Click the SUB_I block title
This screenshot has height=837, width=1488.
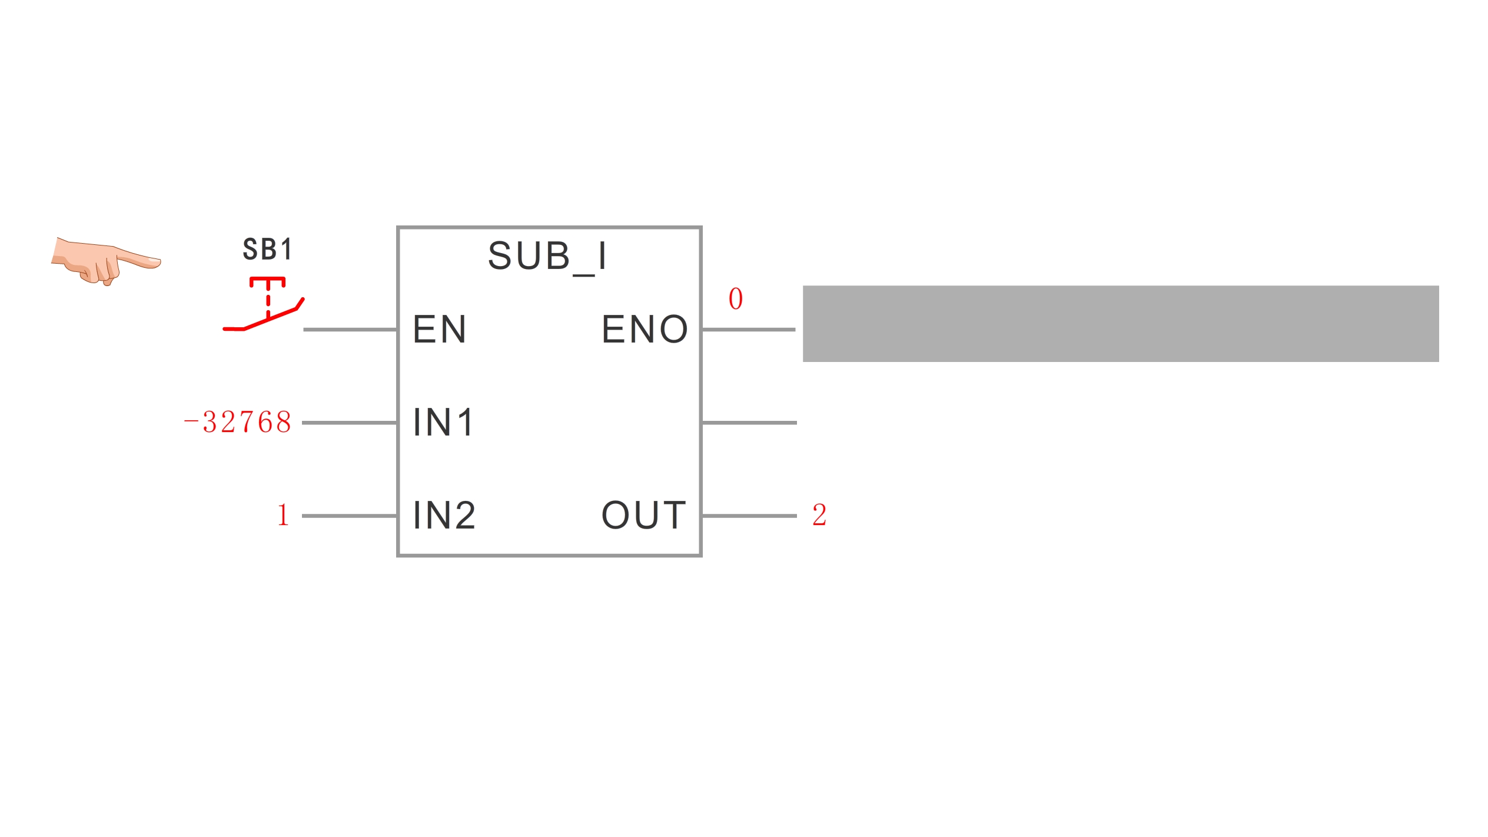pos(547,257)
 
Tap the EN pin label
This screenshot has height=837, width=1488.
pos(440,329)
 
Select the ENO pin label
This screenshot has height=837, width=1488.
pos(645,329)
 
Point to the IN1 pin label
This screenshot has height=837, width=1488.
pos(443,422)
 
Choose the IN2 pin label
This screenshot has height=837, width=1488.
pos(444,515)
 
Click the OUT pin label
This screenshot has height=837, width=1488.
pos(644,515)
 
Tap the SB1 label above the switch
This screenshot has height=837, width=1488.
pos(268,249)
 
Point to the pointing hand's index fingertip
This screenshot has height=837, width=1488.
pos(160,261)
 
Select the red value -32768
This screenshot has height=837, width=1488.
pos(238,422)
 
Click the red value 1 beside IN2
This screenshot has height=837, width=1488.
pos(283,514)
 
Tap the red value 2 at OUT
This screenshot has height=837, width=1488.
pos(819,515)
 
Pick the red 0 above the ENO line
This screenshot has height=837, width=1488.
pos(736,298)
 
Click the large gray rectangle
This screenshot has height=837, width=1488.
pos(1121,324)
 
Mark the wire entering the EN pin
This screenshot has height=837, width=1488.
pos(350,330)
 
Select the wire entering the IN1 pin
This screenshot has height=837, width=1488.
pos(350,423)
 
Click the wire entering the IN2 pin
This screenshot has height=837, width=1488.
pos(350,516)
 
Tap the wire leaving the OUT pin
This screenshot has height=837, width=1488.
pos(749,516)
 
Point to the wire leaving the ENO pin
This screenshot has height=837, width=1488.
pos(749,330)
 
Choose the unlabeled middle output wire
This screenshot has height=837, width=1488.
pos(749,423)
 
